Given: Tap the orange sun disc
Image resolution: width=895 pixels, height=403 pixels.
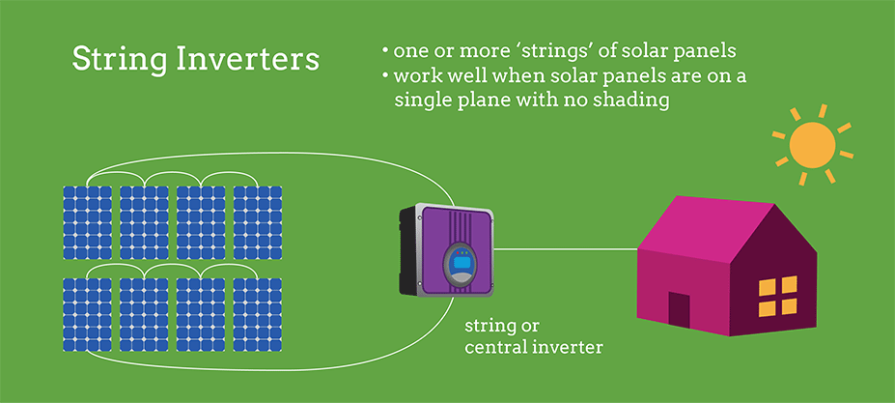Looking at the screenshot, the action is pos(812,145).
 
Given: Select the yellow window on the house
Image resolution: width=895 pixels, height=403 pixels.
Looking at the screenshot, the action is pos(777,296).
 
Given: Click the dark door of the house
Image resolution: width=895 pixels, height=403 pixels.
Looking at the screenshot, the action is pos(679,310).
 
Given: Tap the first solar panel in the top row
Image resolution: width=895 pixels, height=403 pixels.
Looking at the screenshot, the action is pos(87,223).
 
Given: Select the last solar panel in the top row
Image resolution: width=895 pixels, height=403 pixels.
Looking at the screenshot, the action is pos(258,223).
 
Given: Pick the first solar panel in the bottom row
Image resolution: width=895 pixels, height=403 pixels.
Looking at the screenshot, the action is pos(87,315).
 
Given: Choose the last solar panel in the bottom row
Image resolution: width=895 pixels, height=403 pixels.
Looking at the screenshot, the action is pos(258,315).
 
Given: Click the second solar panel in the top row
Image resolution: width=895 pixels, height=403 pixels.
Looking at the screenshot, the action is pos(145,223).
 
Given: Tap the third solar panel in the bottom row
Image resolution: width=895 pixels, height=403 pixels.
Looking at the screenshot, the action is pos(201,315).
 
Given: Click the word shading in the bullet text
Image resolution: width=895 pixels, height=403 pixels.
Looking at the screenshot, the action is pos(629,101).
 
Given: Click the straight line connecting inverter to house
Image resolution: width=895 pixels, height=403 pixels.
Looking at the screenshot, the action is pos(566,249).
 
